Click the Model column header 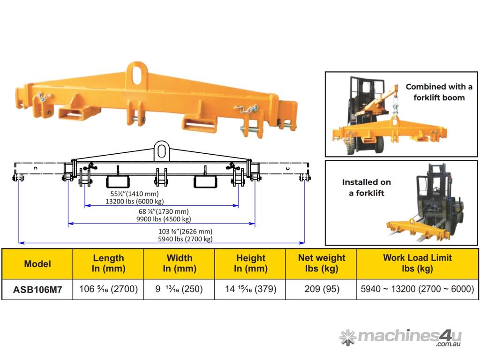click(x=37, y=263)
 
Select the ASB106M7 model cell click(x=37, y=289)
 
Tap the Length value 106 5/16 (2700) click(x=108, y=289)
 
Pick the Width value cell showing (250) click(x=180, y=289)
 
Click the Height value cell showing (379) click(x=250, y=289)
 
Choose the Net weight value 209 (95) click(x=321, y=289)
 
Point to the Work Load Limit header click(x=417, y=263)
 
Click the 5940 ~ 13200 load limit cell click(x=417, y=289)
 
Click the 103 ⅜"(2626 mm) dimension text click(x=186, y=232)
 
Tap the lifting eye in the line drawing click(x=162, y=150)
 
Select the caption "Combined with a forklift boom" click(x=439, y=92)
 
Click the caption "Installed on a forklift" click(x=366, y=187)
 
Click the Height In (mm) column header click(x=250, y=263)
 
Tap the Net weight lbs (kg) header click(x=321, y=263)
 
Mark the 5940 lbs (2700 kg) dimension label click(x=186, y=239)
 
